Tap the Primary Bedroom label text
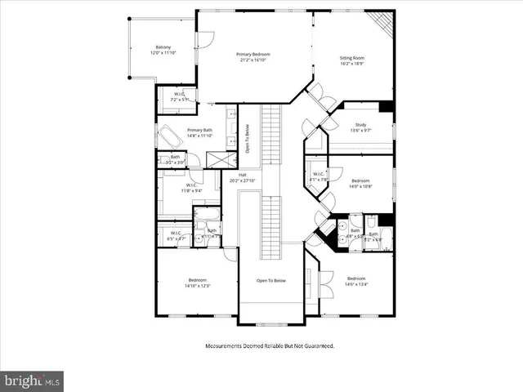pyautogui.click(x=253, y=56)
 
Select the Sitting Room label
pyautogui.click(x=352, y=60)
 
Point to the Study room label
pyautogui.click(x=360, y=127)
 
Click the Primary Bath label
pyautogui.click(x=200, y=133)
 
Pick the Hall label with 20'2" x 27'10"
pyautogui.click(x=243, y=177)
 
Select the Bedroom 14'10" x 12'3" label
pyautogui.click(x=197, y=283)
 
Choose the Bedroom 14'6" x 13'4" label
pyautogui.click(x=355, y=281)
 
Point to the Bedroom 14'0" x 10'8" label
pyautogui.click(x=360, y=183)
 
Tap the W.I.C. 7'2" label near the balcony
pyautogui.click(x=179, y=97)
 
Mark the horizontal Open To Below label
pyautogui.click(x=270, y=280)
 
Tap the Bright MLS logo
pyautogui.click(x=33, y=381)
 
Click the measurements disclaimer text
pyautogui.click(x=269, y=345)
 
